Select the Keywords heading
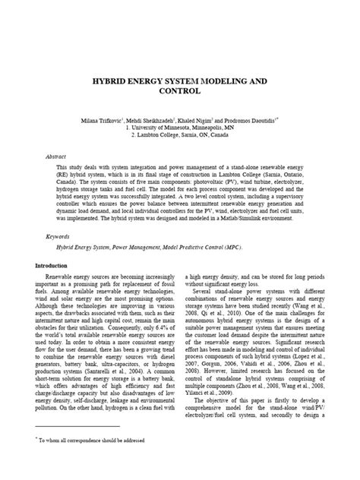click(58, 236)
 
